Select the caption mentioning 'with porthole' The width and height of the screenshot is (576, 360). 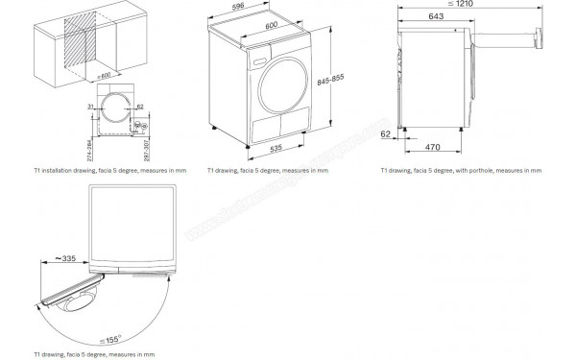click(x=461, y=170)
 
